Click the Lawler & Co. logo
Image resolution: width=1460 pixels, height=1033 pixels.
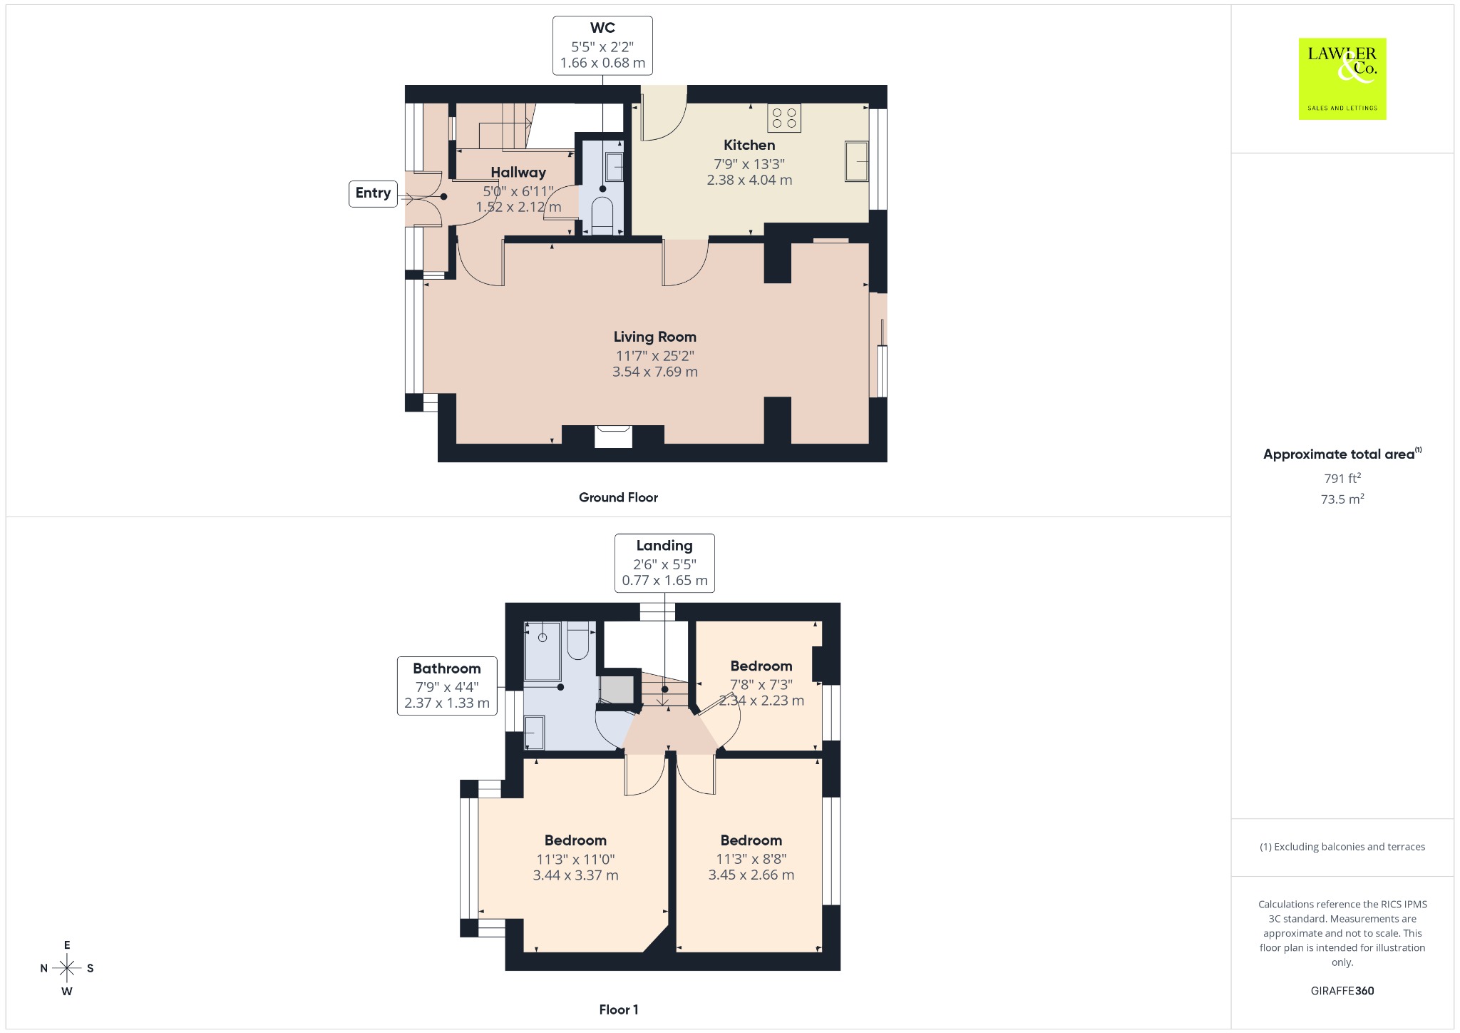(1342, 78)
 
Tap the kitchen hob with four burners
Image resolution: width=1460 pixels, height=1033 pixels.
(784, 118)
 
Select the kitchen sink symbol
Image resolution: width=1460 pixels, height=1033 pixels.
(857, 162)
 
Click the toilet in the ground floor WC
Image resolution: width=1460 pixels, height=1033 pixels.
(602, 216)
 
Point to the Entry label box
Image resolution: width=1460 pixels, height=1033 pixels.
(373, 193)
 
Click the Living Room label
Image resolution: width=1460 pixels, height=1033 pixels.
(655, 337)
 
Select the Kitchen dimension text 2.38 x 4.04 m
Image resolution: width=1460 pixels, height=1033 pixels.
(749, 180)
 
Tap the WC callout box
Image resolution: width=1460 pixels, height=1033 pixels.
(602, 46)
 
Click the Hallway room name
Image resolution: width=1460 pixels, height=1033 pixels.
(518, 172)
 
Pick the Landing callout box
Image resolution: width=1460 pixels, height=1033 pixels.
(664, 563)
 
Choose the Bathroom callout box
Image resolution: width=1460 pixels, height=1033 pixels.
(447, 686)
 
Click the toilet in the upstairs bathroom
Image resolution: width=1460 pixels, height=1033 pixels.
(578, 641)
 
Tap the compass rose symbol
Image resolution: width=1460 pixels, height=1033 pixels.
(67, 968)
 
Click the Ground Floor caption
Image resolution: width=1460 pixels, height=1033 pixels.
(618, 497)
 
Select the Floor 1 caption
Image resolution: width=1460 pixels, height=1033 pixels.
(619, 1009)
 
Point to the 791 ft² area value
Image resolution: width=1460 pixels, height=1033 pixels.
(1342, 478)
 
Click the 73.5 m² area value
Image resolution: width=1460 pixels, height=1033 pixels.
(1342, 499)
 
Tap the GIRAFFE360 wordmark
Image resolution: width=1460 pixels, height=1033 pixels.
(1342, 990)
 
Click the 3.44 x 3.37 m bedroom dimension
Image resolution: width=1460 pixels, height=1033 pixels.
(576, 875)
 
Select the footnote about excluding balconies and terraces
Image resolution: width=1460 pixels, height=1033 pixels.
(1342, 847)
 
